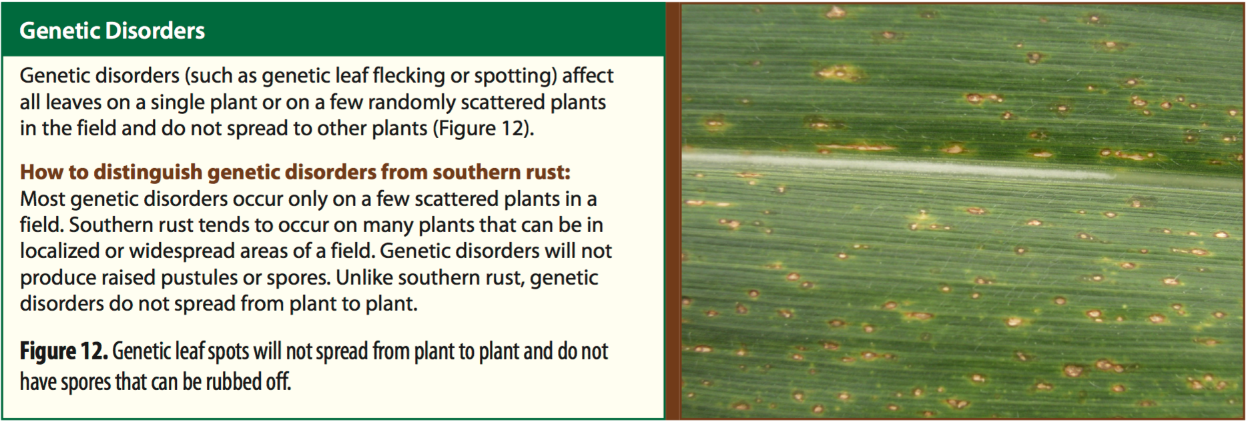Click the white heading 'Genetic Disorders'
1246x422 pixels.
point(112,31)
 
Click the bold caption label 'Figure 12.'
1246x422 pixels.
point(63,351)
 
